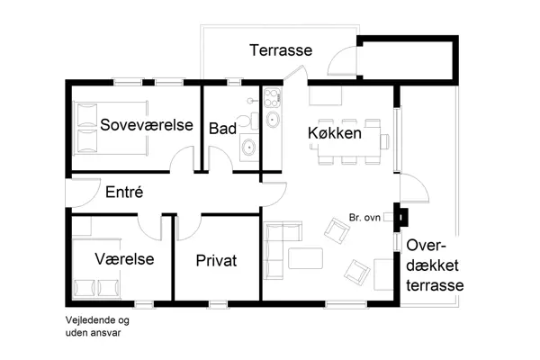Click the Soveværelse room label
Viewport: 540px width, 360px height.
click(148, 125)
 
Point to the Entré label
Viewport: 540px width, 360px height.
click(125, 192)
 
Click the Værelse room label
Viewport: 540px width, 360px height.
click(124, 259)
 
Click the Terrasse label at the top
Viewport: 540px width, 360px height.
click(281, 50)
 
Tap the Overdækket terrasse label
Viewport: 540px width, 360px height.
click(434, 265)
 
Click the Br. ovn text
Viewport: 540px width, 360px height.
click(364, 217)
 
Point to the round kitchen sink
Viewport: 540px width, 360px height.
click(274, 120)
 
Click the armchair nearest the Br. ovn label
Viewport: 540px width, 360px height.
click(336, 234)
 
